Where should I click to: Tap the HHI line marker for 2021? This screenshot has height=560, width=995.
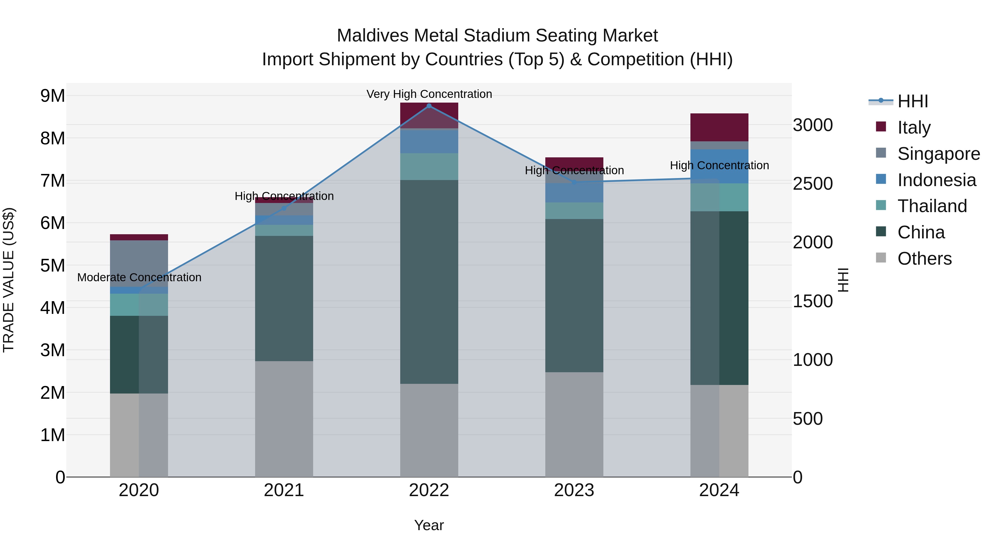(284, 208)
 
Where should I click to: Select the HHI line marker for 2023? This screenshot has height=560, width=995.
(574, 182)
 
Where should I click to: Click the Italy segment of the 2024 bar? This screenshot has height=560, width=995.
(719, 127)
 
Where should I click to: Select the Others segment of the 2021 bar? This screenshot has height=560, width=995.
(284, 419)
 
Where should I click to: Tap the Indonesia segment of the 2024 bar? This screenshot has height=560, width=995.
(719, 166)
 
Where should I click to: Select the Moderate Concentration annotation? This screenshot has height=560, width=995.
(139, 277)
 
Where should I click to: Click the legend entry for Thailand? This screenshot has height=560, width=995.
(932, 206)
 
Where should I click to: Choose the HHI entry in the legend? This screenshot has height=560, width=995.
(912, 101)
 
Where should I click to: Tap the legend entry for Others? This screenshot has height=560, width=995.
(924, 259)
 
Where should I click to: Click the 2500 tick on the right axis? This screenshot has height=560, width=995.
(813, 184)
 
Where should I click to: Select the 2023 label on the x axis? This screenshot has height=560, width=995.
(574, 490)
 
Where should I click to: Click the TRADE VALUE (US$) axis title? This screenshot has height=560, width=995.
(9, 280)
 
